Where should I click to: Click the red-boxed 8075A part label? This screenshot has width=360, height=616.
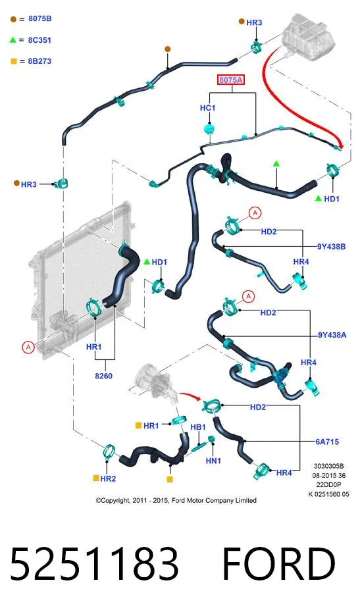click(231, 80)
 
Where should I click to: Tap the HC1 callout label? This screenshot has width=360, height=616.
click(207, 108)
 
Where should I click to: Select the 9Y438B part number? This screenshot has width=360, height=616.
click(331, 247)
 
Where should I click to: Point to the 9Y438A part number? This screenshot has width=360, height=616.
click(332, 335)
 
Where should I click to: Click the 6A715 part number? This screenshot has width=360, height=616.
click(327, 442)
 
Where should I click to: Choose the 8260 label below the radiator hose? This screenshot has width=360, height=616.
click(104, 376)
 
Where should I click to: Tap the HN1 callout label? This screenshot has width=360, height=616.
click(213, 461)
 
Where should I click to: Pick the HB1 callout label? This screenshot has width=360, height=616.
click(198, 427)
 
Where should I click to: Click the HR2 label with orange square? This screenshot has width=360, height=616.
click(104, 478)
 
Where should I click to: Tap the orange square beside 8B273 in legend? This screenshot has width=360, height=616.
click(13, 61)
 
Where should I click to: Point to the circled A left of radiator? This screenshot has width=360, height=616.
click(28, 347)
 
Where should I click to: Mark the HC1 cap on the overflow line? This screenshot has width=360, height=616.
click(210, 128)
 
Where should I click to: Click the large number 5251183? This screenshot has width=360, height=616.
click(94, 563)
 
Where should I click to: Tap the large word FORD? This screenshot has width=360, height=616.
click(279, 563)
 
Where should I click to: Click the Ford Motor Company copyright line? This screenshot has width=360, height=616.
click(176, 500)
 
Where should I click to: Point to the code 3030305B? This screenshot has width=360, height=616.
click(328, 467)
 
